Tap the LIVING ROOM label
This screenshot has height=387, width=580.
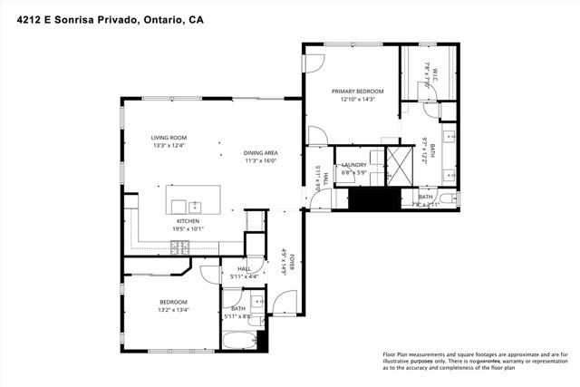(x=169, y=137)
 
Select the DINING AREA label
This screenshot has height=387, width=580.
(x=260, y=152)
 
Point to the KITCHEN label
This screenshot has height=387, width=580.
(x=188, y=220)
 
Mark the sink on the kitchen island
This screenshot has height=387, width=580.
(x=193, y=206)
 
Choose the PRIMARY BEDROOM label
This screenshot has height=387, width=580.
(x=357, y=92)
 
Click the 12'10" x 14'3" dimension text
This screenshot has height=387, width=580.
(x=357, y=100)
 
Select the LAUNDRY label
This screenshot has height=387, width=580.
(x=353, y=164)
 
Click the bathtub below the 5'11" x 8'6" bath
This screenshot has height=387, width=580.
(x=241, y=340)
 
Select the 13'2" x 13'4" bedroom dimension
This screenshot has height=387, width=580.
(x=173, y=309)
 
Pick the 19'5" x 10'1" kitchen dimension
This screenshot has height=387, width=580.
(x=188, y=228)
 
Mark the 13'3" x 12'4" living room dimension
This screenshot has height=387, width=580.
(x=169, y=145)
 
